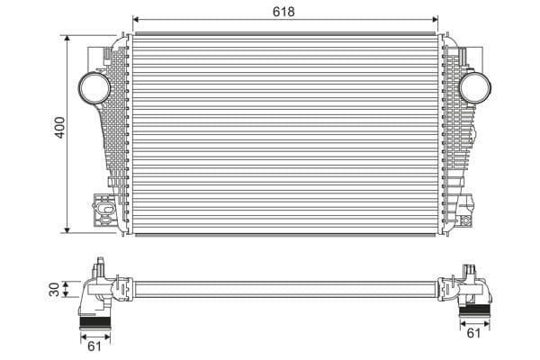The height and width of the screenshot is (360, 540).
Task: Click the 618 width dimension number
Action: pos(285,12)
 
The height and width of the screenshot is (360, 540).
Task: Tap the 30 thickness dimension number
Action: pos(54,290)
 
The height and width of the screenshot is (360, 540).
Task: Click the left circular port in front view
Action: pos(94,87)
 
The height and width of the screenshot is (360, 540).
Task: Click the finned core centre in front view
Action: pos(285,133)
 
